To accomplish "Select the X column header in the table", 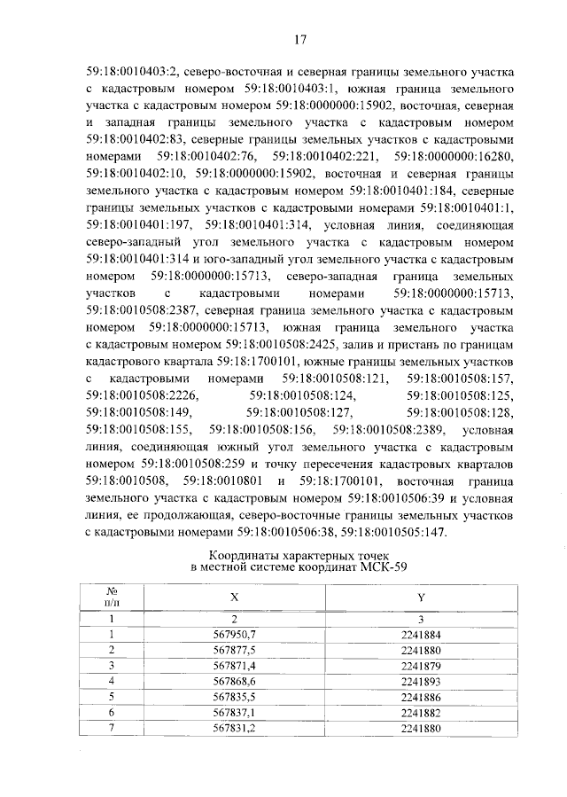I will point(233,598).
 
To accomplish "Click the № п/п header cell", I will point(113,598).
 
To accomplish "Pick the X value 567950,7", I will point(234,635).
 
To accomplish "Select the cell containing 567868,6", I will point(234,680).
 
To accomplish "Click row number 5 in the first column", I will point(113,695).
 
